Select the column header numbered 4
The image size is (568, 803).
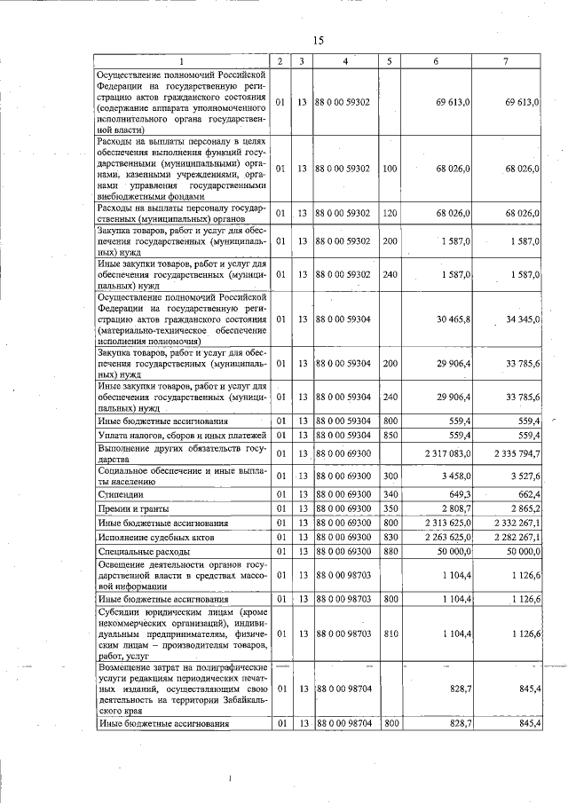pyautogui.click(x=344, y=61)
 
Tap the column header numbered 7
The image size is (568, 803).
pyautogui.click(x=505, y=61)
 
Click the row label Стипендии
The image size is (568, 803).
pyautogui.click(x=120, y=493)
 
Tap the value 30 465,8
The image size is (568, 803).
pyautogui.click(x=452, y=318)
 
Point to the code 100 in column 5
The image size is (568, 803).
pyautogui.click(x=389, y=168)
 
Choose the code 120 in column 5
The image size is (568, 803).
pyautogui.click(x=389, y=213)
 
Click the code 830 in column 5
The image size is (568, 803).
pyautogui.click(x=389, y=538)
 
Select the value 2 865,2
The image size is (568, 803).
pyautogui.click(x=525, y=509)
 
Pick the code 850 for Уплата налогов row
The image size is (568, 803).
pyautogui.click(x=389, y=435)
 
